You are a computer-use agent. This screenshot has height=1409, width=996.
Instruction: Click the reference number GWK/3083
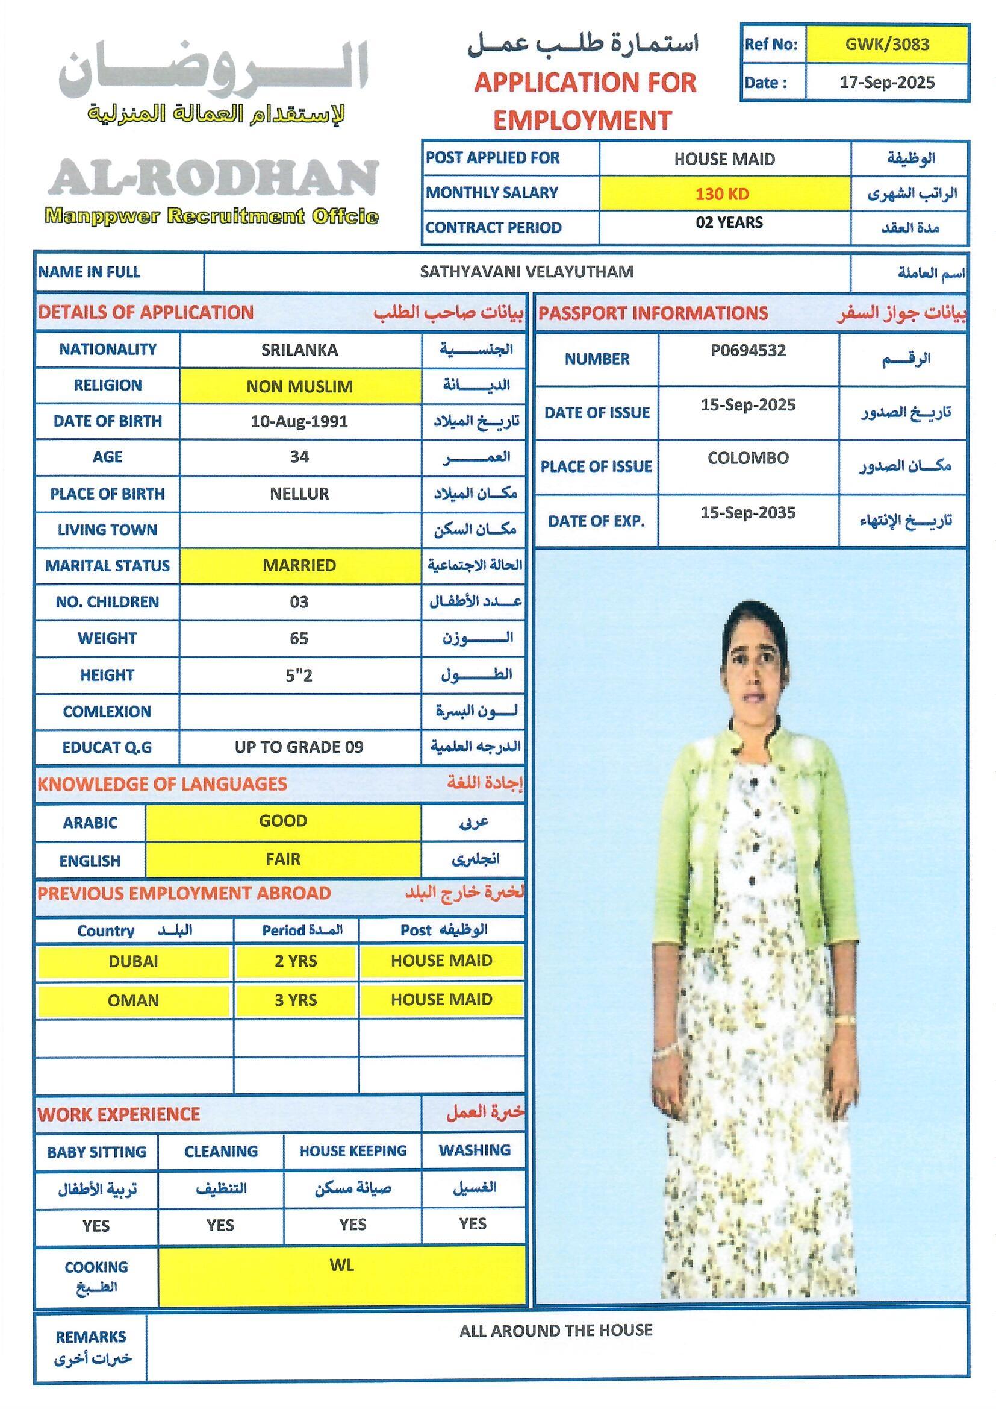point(887,44)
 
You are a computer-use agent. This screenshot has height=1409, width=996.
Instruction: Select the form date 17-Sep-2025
point(887,83)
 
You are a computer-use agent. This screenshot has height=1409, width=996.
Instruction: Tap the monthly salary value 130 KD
point(722,195)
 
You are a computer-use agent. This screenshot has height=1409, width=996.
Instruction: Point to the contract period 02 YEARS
point(729,222)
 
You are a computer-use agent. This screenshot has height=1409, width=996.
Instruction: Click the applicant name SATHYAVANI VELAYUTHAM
point(526,272)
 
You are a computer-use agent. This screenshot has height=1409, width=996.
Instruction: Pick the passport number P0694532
point(748,350)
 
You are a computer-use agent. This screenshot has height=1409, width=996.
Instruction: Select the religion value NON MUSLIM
point(299,387)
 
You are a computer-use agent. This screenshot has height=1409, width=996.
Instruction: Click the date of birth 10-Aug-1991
point(299,422)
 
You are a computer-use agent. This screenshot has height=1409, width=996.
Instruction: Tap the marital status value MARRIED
point(299,565)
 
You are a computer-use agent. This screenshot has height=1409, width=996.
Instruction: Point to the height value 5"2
point(299,676)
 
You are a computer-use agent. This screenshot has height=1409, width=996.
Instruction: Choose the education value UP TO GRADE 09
point(299,747)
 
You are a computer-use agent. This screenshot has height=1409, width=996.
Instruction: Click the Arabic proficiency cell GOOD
point(283,821)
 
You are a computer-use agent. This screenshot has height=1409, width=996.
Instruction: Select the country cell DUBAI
point(133,961)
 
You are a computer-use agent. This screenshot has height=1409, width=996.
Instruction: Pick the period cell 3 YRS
point(296,1000)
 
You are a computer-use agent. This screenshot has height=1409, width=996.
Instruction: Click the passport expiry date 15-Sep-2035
point(748,513)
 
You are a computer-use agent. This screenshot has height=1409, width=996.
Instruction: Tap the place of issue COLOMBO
point(748,459)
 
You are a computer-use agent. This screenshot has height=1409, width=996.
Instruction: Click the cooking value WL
point(341,1266)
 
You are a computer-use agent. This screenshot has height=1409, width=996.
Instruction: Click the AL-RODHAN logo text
point(213,178)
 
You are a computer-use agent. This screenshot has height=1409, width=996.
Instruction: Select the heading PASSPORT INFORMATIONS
point(653,313)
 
